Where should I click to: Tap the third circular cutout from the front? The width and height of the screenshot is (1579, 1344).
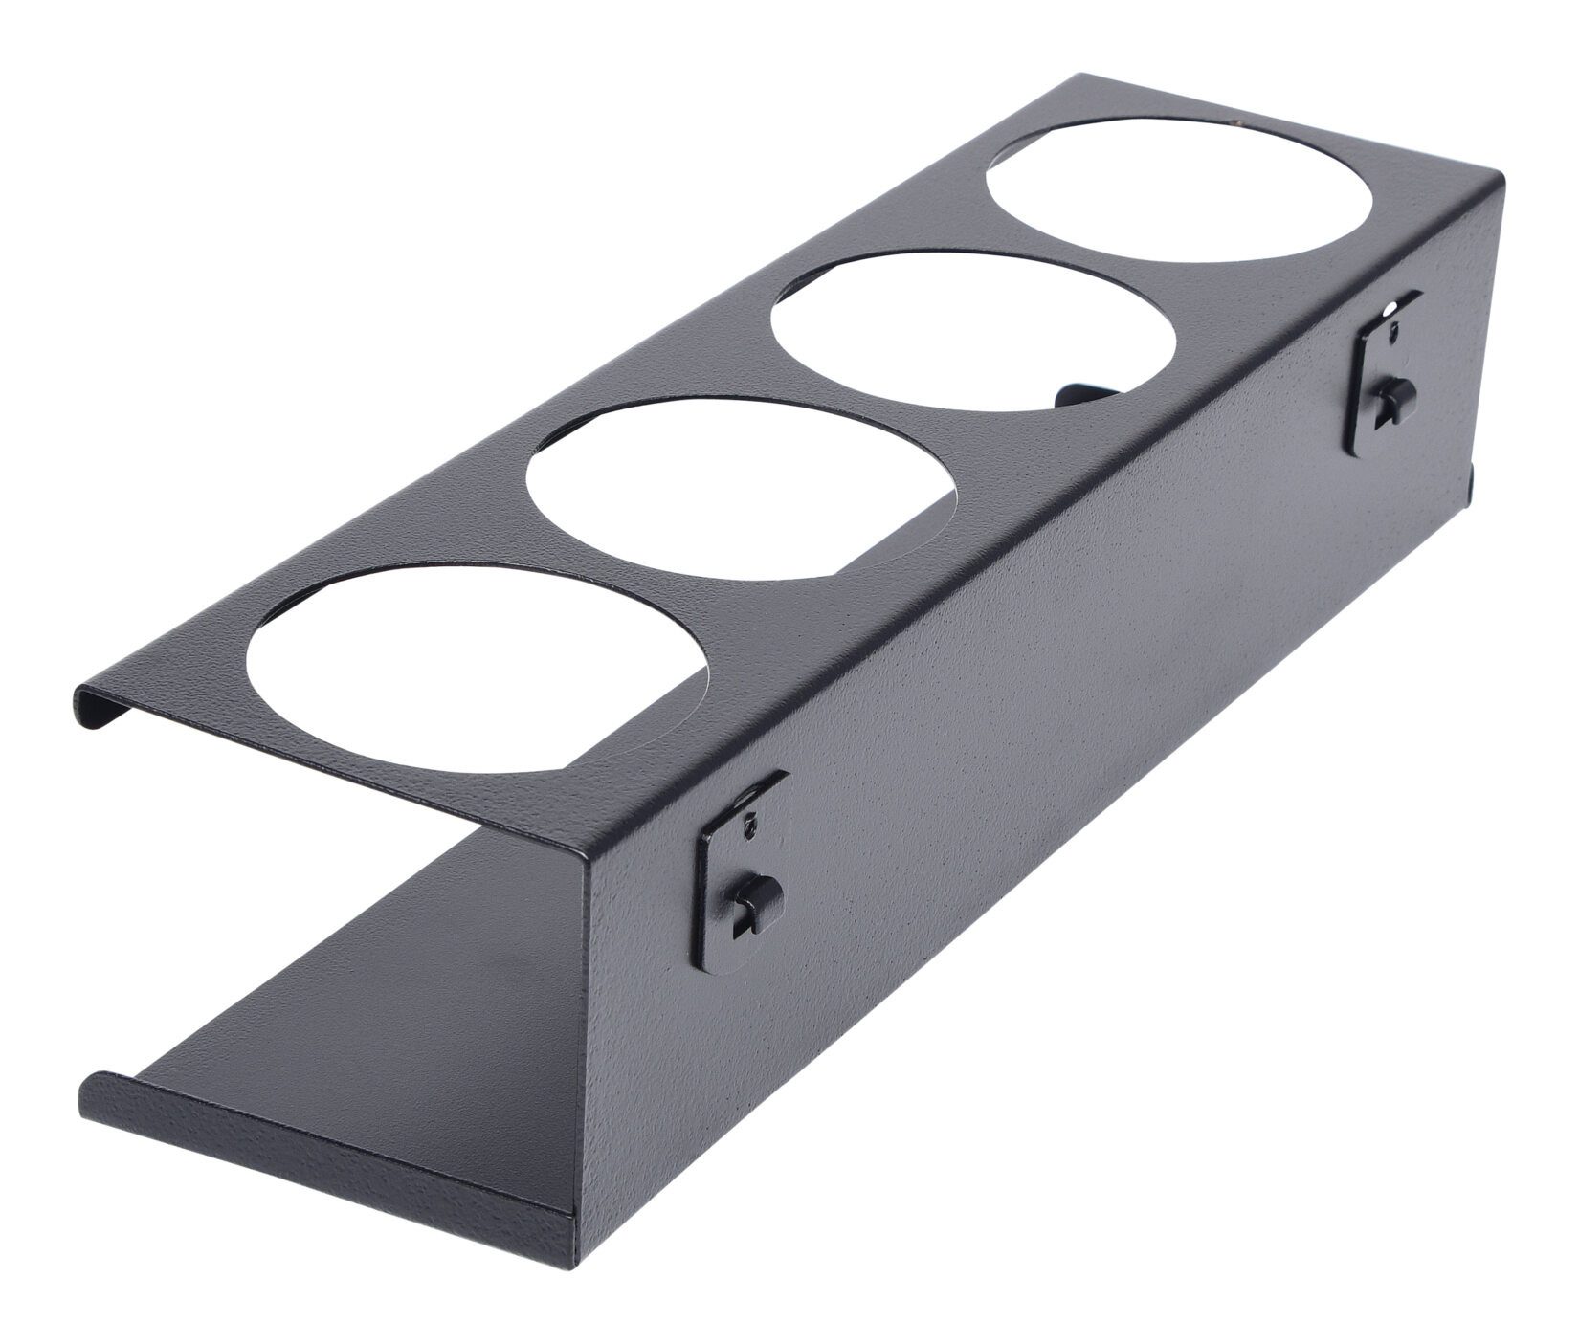[x=971, y=331]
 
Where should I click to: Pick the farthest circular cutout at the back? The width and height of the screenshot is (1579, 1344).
[x=1179, y=190]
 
